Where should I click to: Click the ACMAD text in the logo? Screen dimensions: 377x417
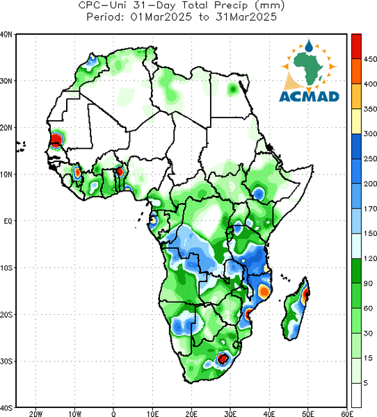pos(309,97)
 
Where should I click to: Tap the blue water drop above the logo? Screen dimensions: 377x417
pos(309,46)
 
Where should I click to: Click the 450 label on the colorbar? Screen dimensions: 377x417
pos(370,59)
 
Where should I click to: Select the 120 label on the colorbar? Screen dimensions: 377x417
pos(370,259)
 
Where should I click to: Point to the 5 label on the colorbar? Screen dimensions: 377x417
pos(366,383)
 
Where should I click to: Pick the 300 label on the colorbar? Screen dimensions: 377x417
pos(370,133)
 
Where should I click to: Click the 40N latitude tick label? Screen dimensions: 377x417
pos(6,34)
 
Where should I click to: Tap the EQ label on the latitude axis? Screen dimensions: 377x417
pos(8,221)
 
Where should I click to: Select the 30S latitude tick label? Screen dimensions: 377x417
pos(6,361)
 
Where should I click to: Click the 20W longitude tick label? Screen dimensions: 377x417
pos(35,414)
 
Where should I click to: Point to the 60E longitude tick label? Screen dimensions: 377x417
pos(347,414)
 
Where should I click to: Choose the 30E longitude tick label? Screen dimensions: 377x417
pos(230,414)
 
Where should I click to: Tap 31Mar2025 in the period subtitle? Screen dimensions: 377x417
pos(246,17)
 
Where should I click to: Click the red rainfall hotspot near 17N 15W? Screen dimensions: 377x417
pos(56,140)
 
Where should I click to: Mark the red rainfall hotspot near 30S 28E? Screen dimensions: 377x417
pos(223,359)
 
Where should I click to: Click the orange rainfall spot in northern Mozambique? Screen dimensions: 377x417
pos(264,291)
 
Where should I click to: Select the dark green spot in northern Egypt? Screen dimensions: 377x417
pos(233,89)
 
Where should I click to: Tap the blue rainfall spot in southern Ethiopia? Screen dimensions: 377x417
pos(258,193)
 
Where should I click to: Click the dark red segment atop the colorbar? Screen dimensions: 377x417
pos(356,47)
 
